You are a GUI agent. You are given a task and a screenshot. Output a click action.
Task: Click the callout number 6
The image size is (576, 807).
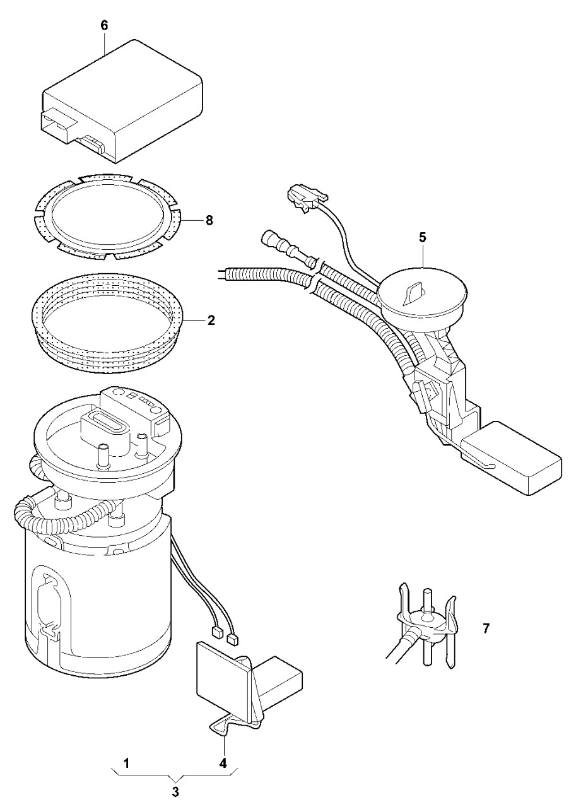[x=105, y=25]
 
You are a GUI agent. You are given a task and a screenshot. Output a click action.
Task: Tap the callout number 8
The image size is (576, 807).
[x=209, y=220]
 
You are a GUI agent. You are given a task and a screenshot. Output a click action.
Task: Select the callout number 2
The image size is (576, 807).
[x=211, y=320]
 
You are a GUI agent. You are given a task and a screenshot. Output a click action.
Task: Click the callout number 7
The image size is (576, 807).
[x=486, y=628]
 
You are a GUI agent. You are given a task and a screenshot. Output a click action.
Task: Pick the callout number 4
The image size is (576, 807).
[x=223, y=763]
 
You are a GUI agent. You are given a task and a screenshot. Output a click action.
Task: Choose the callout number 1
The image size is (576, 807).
[x=126, y=763]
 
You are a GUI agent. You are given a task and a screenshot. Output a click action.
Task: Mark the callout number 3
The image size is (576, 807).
[x=176, y=792]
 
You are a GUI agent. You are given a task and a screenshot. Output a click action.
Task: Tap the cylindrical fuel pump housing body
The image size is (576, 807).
[x=95, y=606]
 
